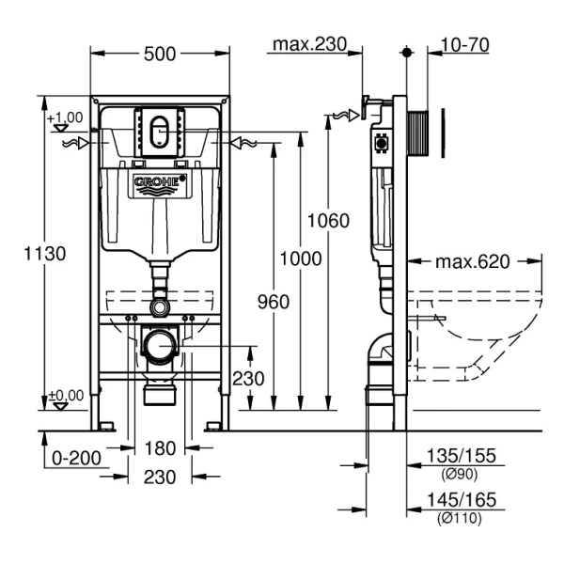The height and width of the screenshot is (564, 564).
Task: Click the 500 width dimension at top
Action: click(x=161, y=55)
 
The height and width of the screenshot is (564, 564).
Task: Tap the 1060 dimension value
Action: click(x=328, y=221)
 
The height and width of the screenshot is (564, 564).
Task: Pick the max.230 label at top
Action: click(x=309, y=43)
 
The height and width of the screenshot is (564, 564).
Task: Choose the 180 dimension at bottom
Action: click(x=161, y=448)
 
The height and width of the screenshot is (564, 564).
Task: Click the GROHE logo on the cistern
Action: click(x=161, y=182)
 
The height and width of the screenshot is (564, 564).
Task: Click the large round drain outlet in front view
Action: click(x=161, y=346)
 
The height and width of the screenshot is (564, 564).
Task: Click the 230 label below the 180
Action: click(x=161, y=478)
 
